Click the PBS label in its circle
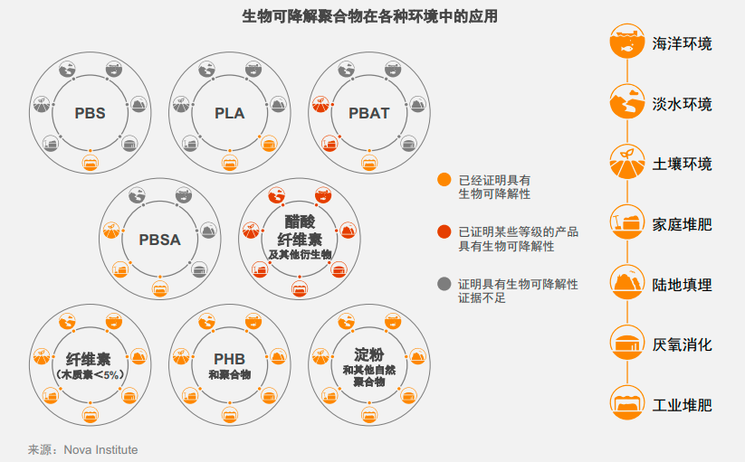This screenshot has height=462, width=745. pyautogui.click(x=90, y=114)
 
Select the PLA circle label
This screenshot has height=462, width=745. pyautogui.click(x=230, y=114)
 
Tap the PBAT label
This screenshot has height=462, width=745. pyautogui.click(x=369, y=114)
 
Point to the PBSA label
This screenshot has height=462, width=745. pyautogui.click(x=160, y=240)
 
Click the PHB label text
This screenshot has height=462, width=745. pyautogui.click(x=230, y=359)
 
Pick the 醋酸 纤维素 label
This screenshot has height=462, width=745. pyautogui.click(x=300, y=231)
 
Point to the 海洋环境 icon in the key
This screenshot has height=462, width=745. pyautogui.click(x=625, y=42)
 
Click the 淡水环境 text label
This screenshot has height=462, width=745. pyautogui.click(x=682, y=104)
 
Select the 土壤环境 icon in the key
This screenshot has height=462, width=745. pyautogui.click(x=625, y=162)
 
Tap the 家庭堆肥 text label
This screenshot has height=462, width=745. pyautogui.click(x=682, y=223)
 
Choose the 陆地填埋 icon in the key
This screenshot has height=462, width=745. pyautogui.click(x=625, y=284)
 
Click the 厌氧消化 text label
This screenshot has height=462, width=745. pyautogui.click(x=682, y=344)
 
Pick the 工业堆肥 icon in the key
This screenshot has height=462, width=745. pyautogui.click(x=625, y=403)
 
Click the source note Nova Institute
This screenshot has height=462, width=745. pyautogui.click(x=82, y=449)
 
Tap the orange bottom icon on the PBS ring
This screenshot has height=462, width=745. pyautogui.click(x=90, y=163)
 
